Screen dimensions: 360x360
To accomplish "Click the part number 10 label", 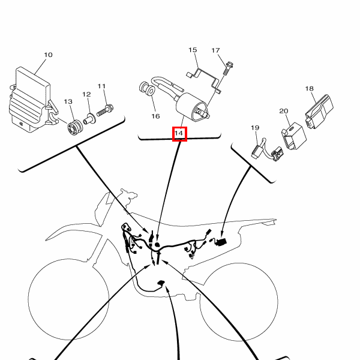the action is tap(48, 55).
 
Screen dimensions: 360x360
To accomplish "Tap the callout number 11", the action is tap(101, 86).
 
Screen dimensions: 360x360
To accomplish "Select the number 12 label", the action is tap(86, 94).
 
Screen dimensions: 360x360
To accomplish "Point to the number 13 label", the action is tap(68, 101).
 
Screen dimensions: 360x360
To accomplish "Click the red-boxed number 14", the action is tap(179, 133).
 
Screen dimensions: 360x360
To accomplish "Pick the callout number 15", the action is tap(193, 50).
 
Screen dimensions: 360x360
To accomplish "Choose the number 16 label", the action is tap(155, 116).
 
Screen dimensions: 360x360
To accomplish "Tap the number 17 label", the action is tap(215, 50).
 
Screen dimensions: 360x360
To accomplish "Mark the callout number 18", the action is tap(309, 88).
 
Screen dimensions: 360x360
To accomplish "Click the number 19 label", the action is tap(255, 128).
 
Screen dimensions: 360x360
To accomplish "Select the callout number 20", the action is tap(284, 111).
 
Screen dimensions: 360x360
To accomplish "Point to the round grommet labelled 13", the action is tap(75, 128).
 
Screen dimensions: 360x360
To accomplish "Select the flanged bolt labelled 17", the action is tap(229, 68).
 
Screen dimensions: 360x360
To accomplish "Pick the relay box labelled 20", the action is tap(294, 136).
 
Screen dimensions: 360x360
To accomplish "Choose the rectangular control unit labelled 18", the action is tap(319, 112).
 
